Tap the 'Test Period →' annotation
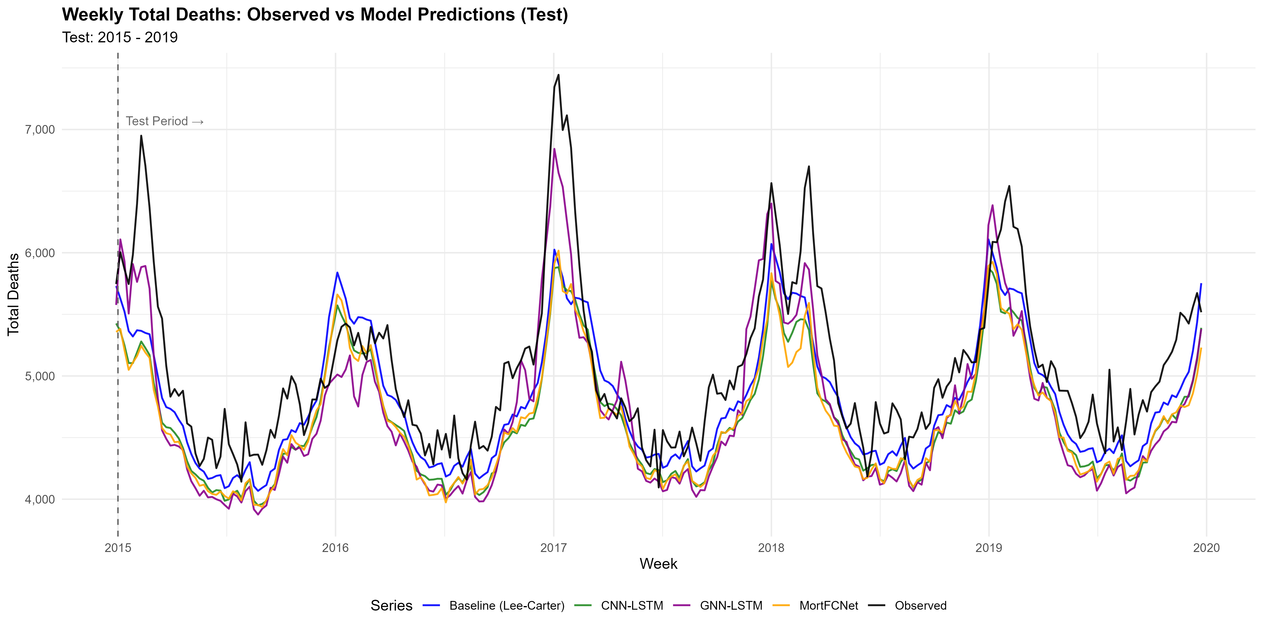pyautogui.click(x=164, y=121)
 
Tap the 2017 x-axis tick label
pyautogui.click(x=554, y=548)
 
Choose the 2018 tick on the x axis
pyautogui.click(x=771, y=548)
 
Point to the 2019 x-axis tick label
pyautogui.click(x=989, y=548)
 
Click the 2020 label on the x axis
pyautogui.click(x=1206, y=548)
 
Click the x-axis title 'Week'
pyautogui.click(x=658, y=564)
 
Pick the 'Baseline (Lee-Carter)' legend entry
pyautogui.click(x=506, y=605)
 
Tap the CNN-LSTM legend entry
pyautogui.click(x=631, y=605)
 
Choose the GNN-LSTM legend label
pyautogui.click(x=730, y=605)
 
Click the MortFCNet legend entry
pyautogui.click(x=828, y=605)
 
